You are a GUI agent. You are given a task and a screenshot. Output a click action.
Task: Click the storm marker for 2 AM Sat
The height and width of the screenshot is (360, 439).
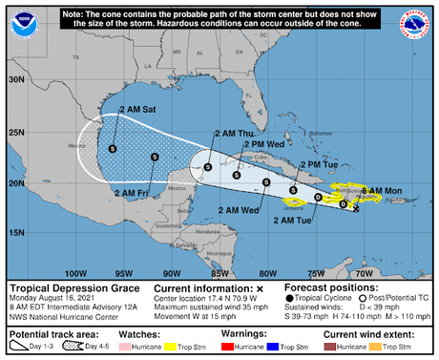pos(113,148)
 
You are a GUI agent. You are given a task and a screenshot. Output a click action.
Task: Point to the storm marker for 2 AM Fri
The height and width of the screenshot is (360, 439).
pos(155,158)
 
